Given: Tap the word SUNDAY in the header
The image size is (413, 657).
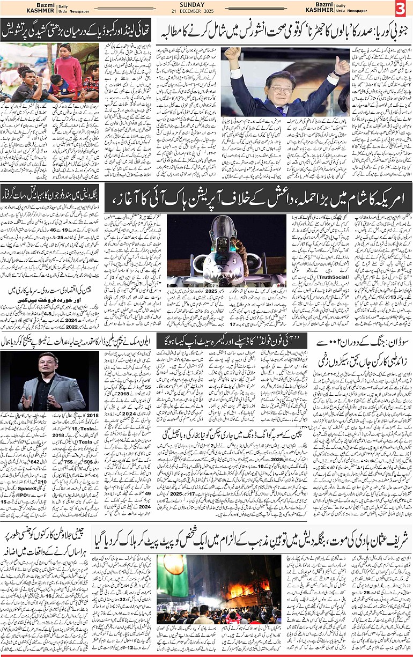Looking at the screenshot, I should [x=191, y=5].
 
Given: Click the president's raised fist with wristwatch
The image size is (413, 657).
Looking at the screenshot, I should [x=232, y=54].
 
